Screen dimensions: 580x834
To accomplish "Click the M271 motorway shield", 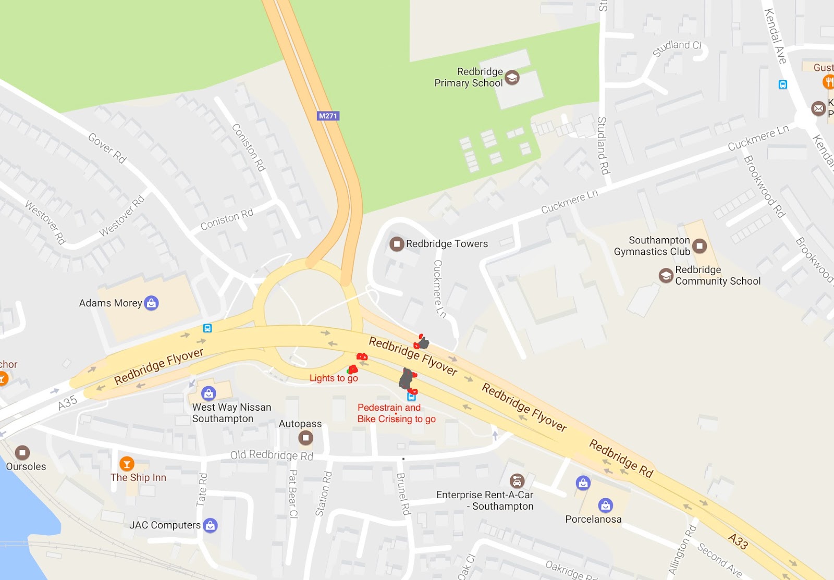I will [x=328, y=116].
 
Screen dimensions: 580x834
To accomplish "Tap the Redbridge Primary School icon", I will [x=512, y=78].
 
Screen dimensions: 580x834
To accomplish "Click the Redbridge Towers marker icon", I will [x=397, y=244].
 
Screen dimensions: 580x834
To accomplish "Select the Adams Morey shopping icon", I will [x=151, y=303].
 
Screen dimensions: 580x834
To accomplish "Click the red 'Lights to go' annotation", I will [x=334, y=378].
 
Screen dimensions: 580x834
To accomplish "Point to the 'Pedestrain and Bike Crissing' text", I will [x=396, y=413].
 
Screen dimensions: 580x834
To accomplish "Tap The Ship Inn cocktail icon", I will [x=127, y=463].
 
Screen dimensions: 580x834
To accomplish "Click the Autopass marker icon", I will [x=306, y=438].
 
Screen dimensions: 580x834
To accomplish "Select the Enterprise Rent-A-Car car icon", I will [x=517, y=480].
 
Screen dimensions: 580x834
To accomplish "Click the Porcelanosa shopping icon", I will [x=605, y=505].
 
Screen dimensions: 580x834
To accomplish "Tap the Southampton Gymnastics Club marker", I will [x=700, y=245].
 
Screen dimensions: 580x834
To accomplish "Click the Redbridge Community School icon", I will [x=666, y=275].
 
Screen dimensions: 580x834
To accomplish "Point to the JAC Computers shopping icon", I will [x=210, y=525].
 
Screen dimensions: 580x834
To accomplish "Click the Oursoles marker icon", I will [x=22, y=452].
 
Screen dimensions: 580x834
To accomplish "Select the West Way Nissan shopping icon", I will [x=208, y=393].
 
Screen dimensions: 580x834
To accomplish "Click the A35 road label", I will [x=67, y=403].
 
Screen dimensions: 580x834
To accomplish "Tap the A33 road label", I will [x=738, y=541].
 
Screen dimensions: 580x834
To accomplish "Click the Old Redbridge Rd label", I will [x=272, y=455].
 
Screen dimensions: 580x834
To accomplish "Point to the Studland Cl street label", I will [x=677, y=47].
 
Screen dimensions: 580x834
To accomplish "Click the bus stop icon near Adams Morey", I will [x=207, y=328].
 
